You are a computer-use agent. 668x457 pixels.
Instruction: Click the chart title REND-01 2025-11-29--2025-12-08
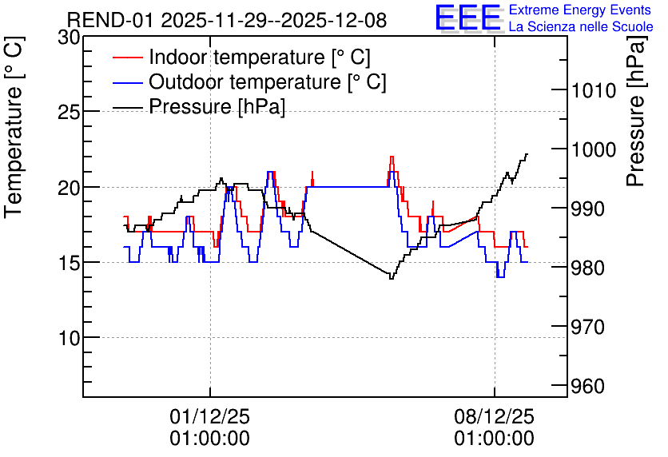[227, 20]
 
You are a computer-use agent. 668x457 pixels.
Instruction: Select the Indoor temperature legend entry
[241, 57]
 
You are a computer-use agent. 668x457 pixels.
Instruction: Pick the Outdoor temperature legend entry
[249, 81]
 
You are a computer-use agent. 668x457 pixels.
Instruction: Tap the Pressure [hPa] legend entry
[199, 106]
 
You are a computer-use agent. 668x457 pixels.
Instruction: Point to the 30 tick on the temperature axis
[69, 38]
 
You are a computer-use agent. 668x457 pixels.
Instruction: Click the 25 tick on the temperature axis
[69, 113]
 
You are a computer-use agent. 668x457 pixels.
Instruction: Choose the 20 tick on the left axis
[69, 188]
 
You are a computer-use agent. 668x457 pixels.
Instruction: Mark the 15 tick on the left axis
[69, 263]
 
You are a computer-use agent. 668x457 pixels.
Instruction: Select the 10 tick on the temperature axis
[69, 338]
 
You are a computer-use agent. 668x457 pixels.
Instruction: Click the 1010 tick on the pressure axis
[594, 90]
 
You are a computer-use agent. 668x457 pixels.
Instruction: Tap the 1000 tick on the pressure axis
[594, 149]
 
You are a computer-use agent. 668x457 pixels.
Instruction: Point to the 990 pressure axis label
[588, 209]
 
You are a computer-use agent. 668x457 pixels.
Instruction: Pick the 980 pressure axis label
[588, 268]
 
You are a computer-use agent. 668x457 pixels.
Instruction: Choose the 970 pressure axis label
[588, 327]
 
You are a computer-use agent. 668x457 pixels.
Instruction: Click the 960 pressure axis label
[588, 387]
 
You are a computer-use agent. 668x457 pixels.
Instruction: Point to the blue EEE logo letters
[468, 18]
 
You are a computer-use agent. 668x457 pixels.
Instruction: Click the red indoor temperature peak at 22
[392, 157]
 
